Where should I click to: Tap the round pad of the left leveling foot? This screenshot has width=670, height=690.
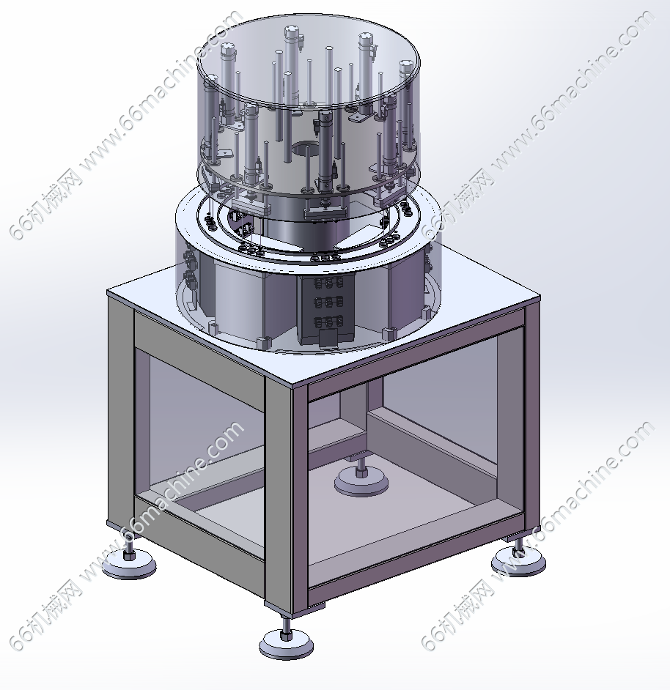pyautogui.click(x=129, y=566)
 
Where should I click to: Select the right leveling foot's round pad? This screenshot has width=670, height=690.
pyautogui.click(x=518, y=563)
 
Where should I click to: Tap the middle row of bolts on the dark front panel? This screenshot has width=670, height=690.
pyautogui.click(x=328, y=302)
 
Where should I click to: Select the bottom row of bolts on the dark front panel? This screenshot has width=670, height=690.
pyautogui.click(x=328, y=322)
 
